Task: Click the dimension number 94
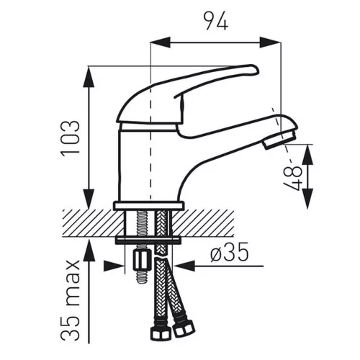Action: (x=216, y=21)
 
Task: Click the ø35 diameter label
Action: (x=229, y=251)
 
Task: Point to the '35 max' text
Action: (x=70, y=300)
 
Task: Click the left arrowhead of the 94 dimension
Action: (x=160, y=42)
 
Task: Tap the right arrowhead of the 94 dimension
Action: (x=270, y=42)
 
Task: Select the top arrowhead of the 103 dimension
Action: (x=89, y=76)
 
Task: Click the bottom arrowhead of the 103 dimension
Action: (x=89, y=199)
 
